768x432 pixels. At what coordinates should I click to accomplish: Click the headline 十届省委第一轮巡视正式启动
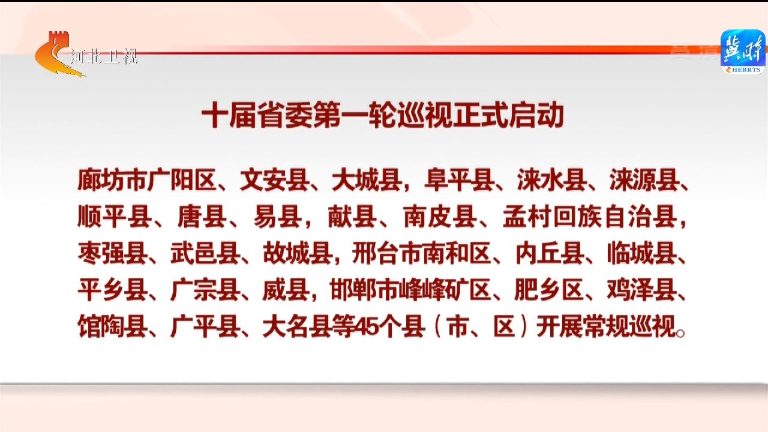383,115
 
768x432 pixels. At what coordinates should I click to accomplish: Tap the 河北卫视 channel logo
86,54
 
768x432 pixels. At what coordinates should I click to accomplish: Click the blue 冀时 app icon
743,52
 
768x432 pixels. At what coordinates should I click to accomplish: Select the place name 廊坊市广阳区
147,179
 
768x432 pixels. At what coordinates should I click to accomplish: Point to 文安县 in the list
275,179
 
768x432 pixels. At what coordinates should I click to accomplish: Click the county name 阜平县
460,179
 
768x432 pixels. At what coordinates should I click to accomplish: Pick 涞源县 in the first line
644,179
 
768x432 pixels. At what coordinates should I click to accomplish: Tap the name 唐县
202,217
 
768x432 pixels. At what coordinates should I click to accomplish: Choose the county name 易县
278,217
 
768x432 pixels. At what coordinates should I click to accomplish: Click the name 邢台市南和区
421,254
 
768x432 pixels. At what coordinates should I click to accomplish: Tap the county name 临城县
642,254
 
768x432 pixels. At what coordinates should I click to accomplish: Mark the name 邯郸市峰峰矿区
410,291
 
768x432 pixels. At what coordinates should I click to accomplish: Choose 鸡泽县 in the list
642,291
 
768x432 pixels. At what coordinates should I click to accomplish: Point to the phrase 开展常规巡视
606,327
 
